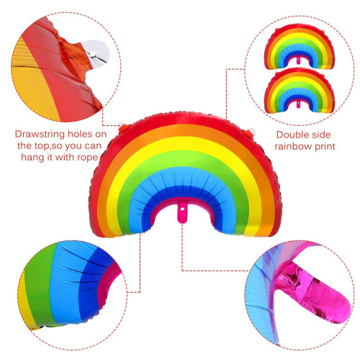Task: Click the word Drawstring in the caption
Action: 40,134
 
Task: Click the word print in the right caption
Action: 325,146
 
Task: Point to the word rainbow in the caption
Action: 293,146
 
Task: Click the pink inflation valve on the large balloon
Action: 182,213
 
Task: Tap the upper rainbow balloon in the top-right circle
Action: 300,46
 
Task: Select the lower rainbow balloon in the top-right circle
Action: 300,91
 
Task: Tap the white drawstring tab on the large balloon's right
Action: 251,131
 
